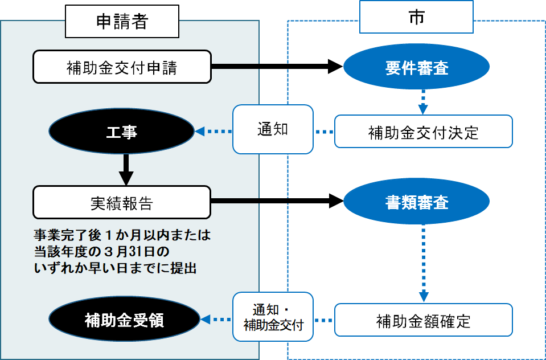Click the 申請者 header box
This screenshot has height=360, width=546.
122,21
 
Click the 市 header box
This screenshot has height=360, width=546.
416,17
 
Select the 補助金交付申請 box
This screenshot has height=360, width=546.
122,67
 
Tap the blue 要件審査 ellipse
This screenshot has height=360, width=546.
416,68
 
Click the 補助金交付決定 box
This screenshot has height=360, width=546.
423,132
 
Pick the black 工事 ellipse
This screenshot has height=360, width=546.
122,132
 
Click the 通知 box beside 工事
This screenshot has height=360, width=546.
273,129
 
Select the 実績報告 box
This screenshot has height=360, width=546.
122,202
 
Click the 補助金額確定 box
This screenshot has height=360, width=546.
423,321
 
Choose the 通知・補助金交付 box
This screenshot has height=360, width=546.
273,317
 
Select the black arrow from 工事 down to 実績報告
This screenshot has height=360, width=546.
127,169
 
